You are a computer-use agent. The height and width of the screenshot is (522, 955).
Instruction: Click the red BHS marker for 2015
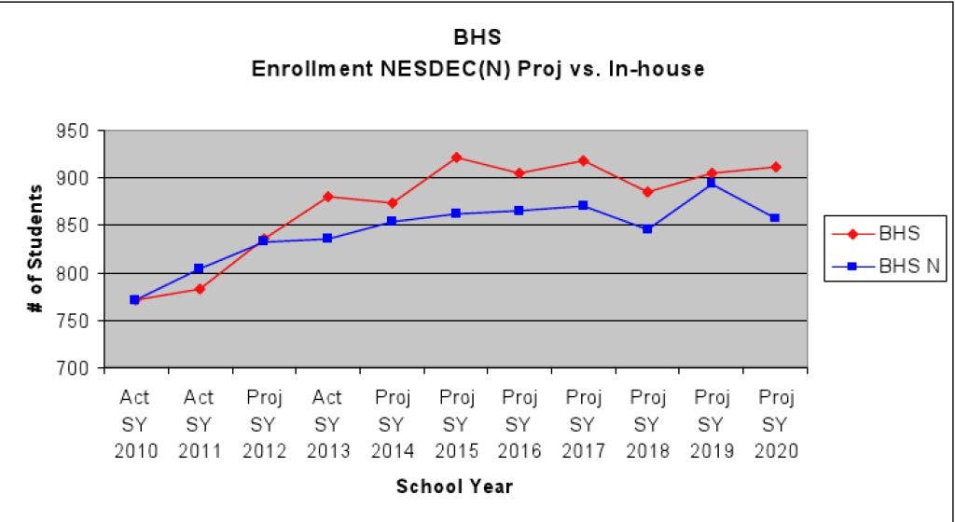(x=456, y=158)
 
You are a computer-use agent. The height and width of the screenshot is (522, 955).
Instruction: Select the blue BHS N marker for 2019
(x=712, y=184)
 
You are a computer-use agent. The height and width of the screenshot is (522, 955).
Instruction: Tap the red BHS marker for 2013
(x=328, y=196)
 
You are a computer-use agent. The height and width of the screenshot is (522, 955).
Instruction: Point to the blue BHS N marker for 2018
(x=647, y=228)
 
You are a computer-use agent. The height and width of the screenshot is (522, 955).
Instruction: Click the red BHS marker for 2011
(x=200, y=289)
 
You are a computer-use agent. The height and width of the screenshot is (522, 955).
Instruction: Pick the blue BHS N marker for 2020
(x=775, y=218)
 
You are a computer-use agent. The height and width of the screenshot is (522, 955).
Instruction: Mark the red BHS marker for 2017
(x=584, y=160)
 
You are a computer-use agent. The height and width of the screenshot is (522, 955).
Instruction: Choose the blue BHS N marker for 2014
(x=392, y=222)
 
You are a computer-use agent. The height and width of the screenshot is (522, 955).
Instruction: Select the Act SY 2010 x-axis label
(x=135, y=424)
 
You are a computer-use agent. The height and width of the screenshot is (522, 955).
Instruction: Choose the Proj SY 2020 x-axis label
(x=775, y=424)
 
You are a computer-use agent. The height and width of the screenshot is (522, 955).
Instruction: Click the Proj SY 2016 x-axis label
(x=519, y=424)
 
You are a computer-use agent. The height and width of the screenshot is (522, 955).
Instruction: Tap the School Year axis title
(x=454, y=487)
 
